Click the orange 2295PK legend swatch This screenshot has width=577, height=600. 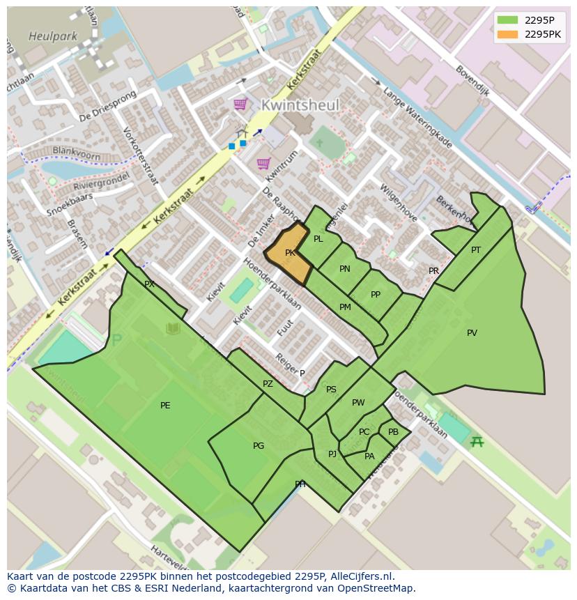pos(508,33)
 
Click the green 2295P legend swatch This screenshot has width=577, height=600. pos(508,20)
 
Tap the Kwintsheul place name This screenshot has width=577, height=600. pos(300,105)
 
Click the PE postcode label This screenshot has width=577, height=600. pos(165,406)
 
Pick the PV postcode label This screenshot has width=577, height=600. pos(472,333)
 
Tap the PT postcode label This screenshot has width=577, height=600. pos(476,250)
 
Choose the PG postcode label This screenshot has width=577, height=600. pos(259,446)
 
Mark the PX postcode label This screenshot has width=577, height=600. pos(149,284)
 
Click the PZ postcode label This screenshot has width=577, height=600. pos(268,384)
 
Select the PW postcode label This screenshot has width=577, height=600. pos(358,403)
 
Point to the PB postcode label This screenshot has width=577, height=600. pos(393,432)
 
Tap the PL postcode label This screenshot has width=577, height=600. pos(318,239)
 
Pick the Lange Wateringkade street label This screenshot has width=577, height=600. pos(417,118)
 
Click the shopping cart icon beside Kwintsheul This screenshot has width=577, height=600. pos(240,105)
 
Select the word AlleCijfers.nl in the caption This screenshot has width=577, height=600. pos(362,576)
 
